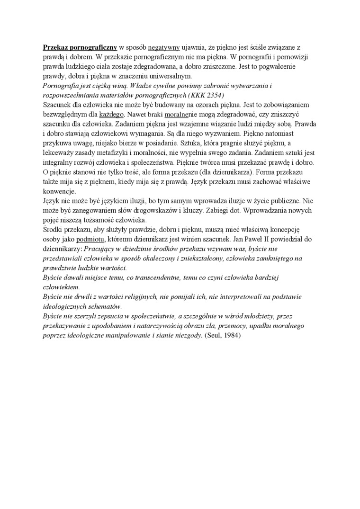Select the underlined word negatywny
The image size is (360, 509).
[164, 48]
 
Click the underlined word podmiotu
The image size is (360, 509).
[90, 240]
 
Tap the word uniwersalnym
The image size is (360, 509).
[156, 76]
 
